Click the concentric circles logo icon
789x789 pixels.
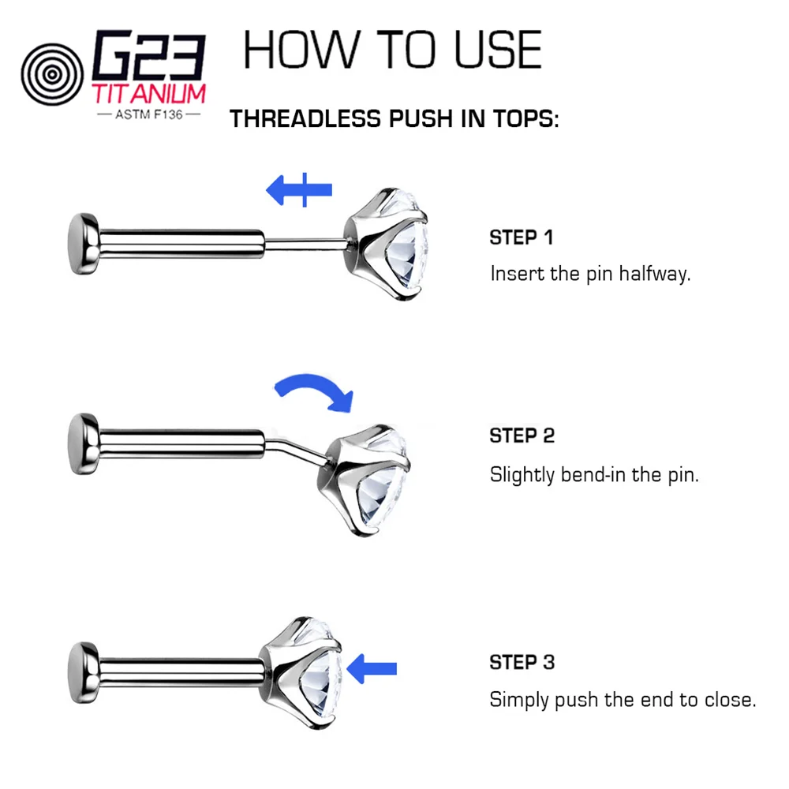point(52,74)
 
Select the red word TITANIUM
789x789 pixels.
point(149,94)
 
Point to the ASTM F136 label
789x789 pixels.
point(149,114)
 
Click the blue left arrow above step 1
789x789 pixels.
point(299,189)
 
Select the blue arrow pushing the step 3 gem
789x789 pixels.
point(372,669)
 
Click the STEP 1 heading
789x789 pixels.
point(522,237)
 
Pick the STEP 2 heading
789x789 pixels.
point(522,436)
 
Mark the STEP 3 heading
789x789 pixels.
point(522,662)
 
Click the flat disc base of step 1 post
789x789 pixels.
point(83,244)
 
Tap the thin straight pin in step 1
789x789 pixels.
point(305,245)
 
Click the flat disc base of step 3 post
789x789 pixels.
point(83,673)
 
